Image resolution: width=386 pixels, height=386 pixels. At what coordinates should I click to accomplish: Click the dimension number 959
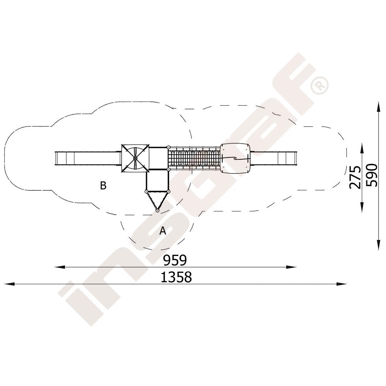175,260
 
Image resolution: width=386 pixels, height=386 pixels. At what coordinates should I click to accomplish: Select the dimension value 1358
176,277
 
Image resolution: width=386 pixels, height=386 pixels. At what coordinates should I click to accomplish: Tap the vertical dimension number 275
355,177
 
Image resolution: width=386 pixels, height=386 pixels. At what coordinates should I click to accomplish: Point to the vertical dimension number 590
371,175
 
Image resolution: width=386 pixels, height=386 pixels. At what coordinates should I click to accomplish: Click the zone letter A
163,231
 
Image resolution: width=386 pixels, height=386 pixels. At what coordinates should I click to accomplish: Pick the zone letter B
103,185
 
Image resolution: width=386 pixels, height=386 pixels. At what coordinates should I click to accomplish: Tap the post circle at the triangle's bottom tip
157,210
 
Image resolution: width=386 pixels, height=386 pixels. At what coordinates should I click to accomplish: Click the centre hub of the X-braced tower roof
135,158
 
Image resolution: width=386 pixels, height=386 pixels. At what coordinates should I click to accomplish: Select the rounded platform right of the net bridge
235,158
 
